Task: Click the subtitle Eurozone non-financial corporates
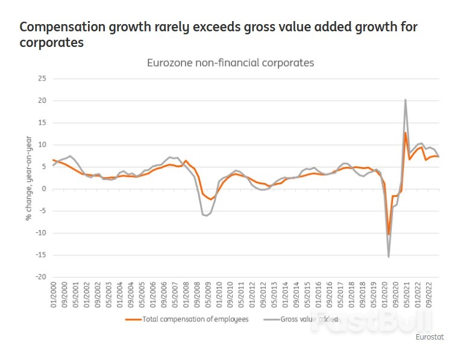(231, 63)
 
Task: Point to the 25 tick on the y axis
(42, 78)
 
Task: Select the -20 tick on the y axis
(41, 277)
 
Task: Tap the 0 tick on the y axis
(44, 188)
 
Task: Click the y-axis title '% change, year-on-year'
(28, 178)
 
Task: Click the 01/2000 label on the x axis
(53, 294)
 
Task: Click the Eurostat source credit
(430, 337)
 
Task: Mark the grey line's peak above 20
(406, 100)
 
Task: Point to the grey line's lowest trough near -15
(389, 257)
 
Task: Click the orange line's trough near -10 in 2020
(389, 234)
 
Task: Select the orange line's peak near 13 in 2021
(406, 132)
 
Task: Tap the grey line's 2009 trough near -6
(207, 215)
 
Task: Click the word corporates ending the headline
(51, 43)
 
